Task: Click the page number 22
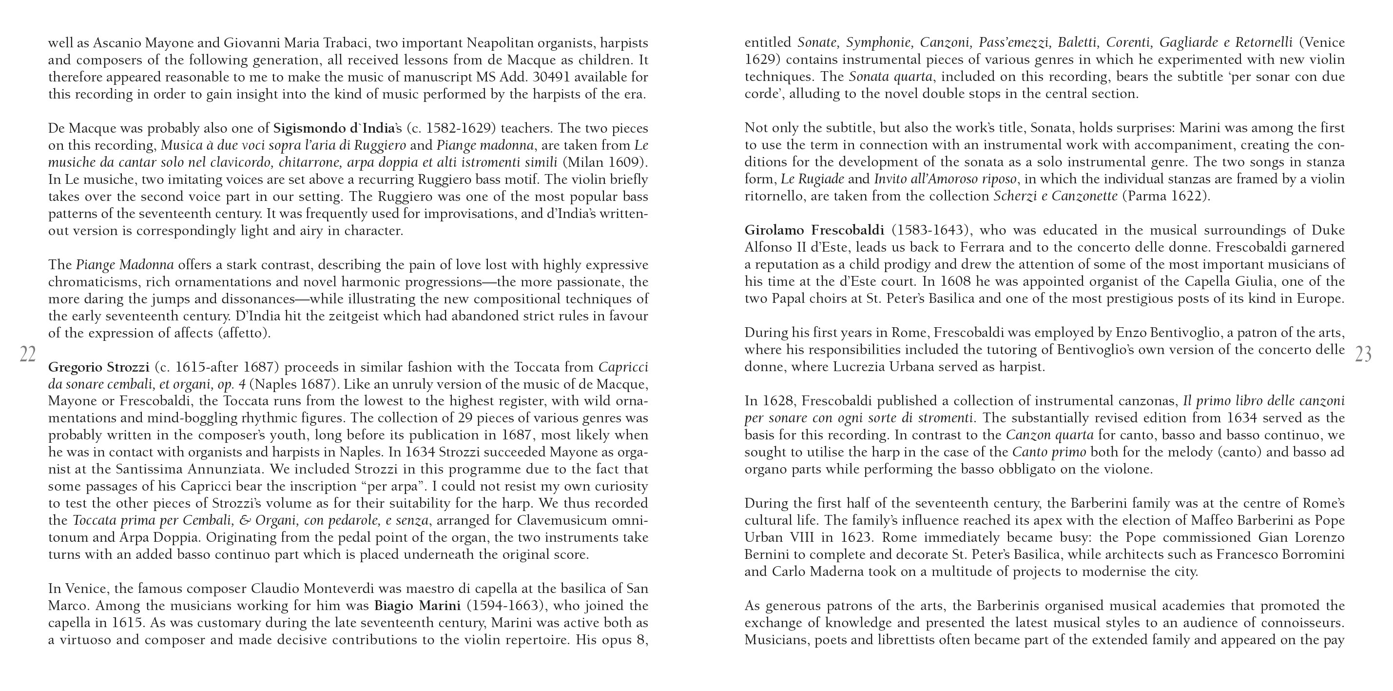(x=28, y=355)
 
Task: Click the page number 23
(x=1364, y=355)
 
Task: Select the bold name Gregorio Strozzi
(x=98, y=367)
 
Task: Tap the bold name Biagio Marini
(x=417, y=606)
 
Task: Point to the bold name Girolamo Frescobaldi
(x=814, y=230)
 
